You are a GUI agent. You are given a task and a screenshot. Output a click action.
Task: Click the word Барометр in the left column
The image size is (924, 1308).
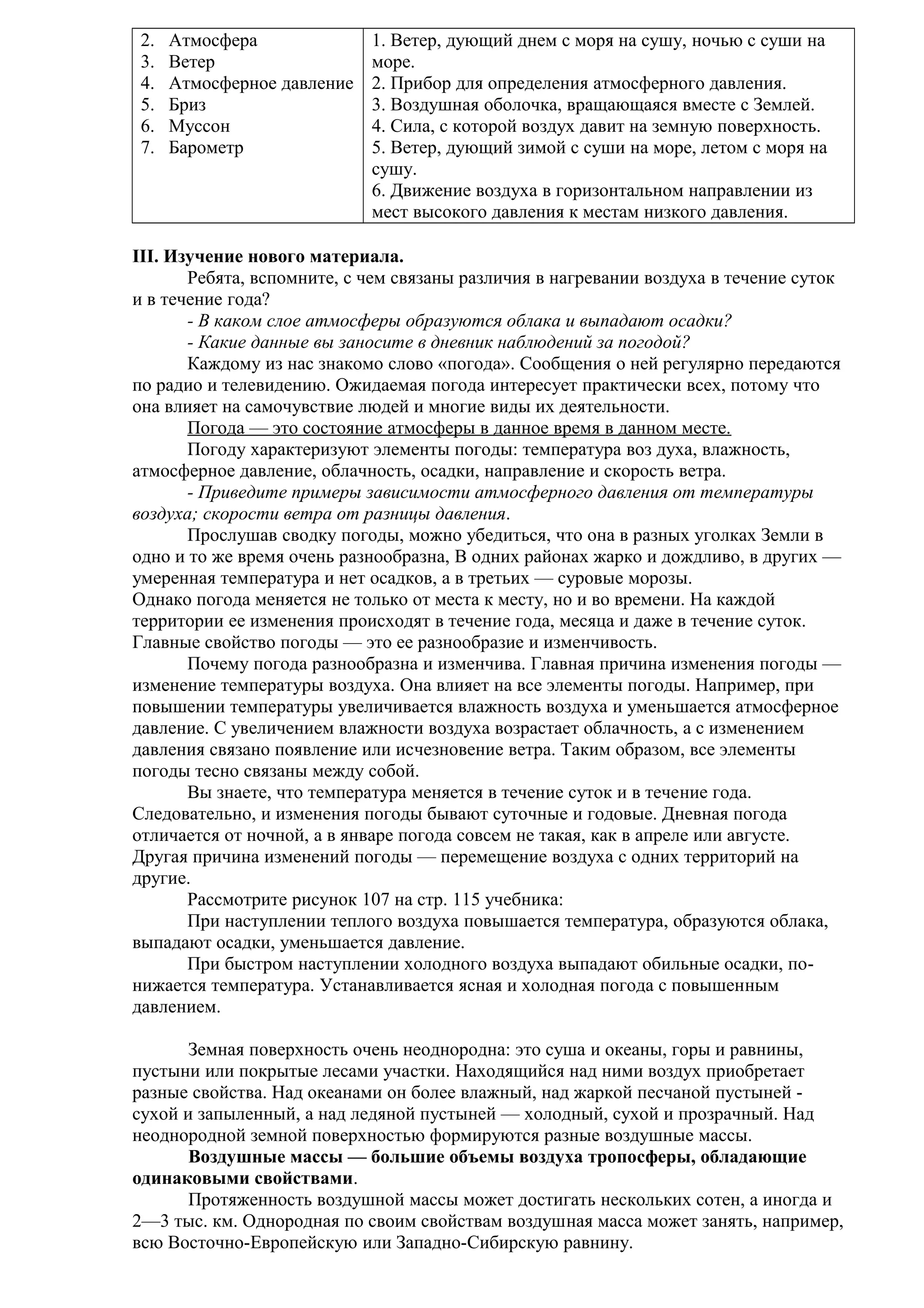coord(206,148)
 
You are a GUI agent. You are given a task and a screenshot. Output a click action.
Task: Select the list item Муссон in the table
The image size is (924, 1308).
coord(199,126)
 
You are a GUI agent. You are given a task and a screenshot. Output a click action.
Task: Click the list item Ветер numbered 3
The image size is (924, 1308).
coord(192,62)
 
